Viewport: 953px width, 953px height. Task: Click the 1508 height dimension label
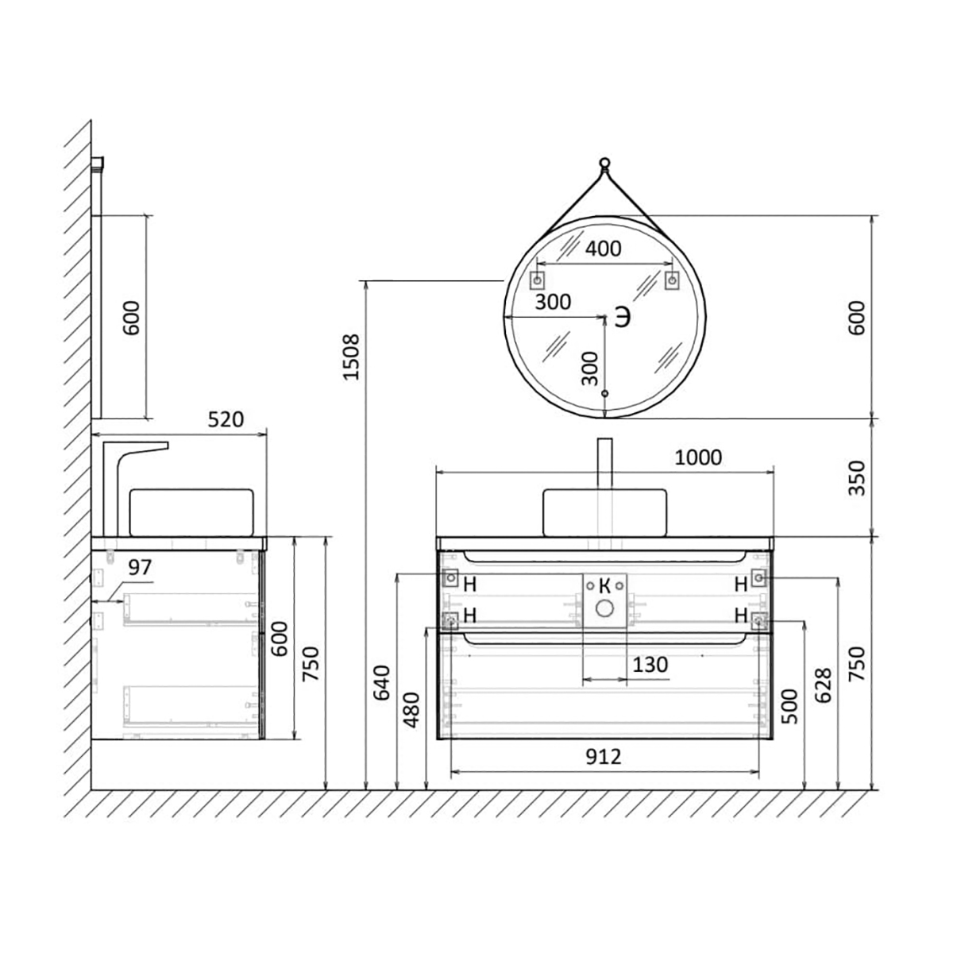(352, 357)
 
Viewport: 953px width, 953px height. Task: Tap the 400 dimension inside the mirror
(603, 249)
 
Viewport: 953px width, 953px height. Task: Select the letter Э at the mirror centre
(623, 317)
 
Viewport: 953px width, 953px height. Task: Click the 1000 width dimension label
(698, 457)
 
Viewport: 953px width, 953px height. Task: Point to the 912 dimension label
(604, 756)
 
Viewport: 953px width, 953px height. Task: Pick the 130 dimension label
(650, 665)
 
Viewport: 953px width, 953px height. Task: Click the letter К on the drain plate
(604, 586)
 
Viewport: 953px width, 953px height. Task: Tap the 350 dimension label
(857, 478)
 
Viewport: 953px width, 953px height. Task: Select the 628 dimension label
(823, 685)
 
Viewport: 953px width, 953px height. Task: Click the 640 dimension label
(381, 683)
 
